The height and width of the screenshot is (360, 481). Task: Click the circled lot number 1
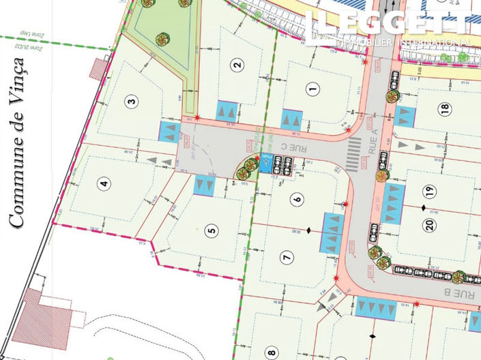[313, 87]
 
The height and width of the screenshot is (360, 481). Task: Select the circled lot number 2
[237, 65]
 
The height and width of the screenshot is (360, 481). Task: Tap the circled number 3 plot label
[132, 102]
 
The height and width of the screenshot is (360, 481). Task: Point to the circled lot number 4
[104, 183]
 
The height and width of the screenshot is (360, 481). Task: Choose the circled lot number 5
[213, 230]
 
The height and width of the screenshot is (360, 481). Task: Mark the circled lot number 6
[295, 199]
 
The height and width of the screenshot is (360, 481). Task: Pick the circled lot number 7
[287, 256]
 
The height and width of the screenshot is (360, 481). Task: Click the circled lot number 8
[272, 352]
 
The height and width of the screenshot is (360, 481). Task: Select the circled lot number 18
[445, 108]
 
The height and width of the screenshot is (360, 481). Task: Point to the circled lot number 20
[430, 226]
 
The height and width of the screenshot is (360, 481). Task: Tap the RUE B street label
[463, 293]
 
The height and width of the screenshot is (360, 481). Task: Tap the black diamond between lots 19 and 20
[423, 207]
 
